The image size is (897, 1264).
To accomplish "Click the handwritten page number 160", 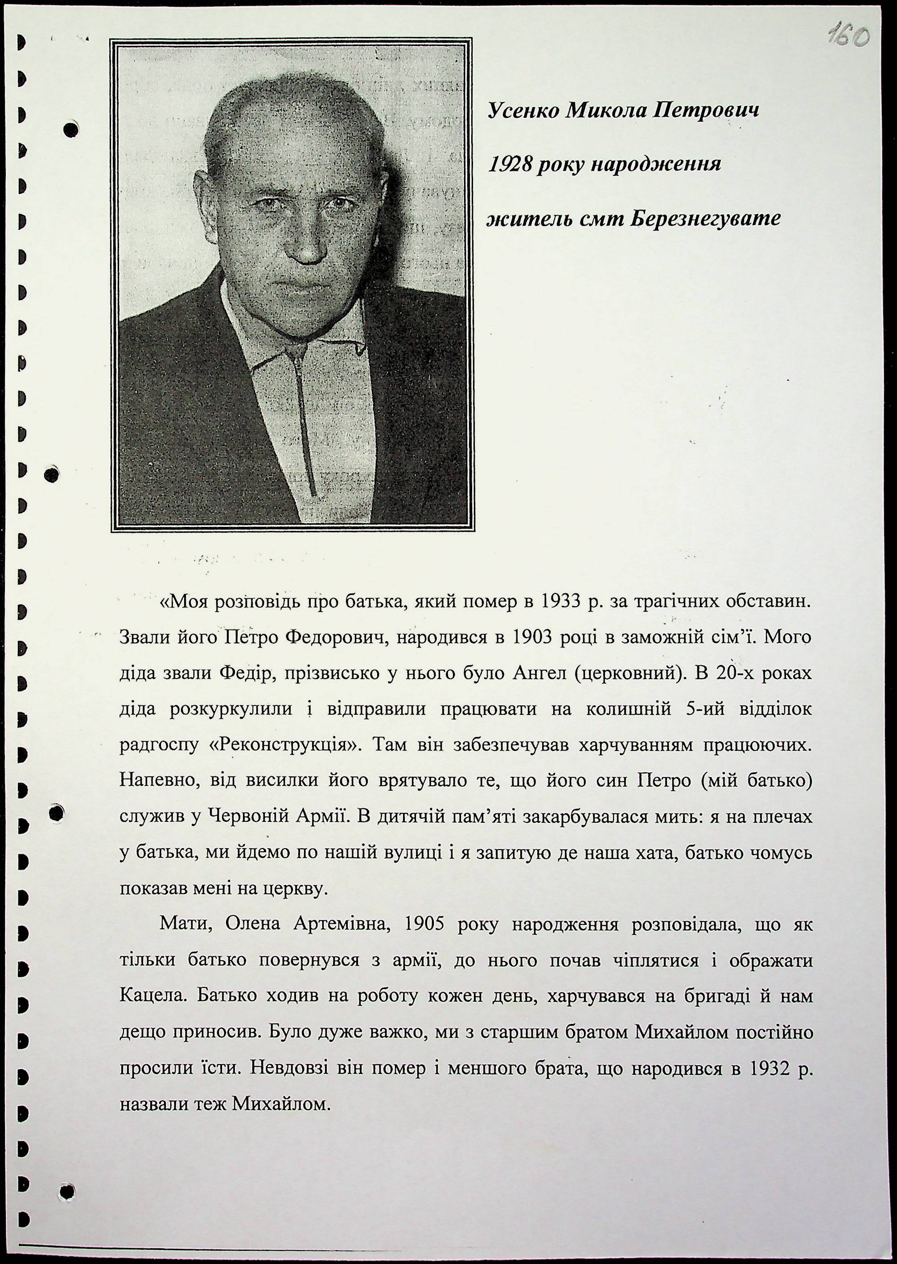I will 848,37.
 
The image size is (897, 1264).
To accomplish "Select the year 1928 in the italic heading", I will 509,164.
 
